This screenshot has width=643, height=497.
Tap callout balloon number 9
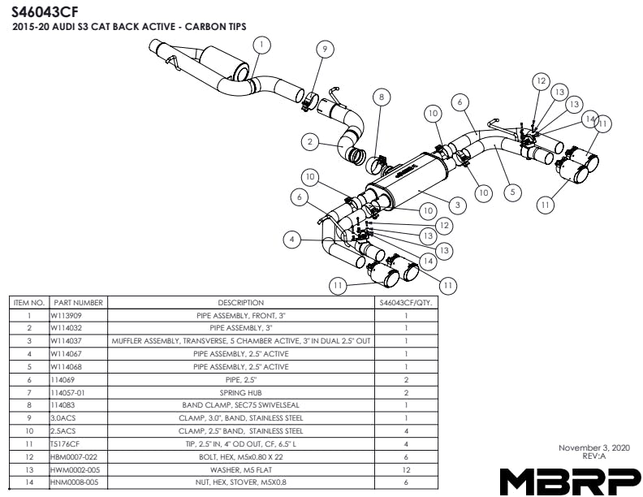(x=324, y=50)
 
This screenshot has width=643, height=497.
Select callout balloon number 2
(x=309, y=142)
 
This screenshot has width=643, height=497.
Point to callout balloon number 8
(x=381, y=97)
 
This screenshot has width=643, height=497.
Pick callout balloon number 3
(x=458, y=205)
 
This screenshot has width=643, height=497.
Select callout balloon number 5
(x=511, y=192)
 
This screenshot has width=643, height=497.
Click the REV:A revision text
(x=593, y=456)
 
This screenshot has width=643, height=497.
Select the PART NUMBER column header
(x=78, y=303)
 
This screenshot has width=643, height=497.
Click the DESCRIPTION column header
(x=241, y=303)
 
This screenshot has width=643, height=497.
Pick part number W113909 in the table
(x=67, y=315)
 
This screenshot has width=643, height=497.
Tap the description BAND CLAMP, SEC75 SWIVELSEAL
(x=241, y=405)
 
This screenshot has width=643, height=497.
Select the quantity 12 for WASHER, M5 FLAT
(x=405, y=469)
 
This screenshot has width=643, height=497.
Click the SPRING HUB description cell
(x=241, y=392)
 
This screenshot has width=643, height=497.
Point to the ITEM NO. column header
(x=28, y=303)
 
